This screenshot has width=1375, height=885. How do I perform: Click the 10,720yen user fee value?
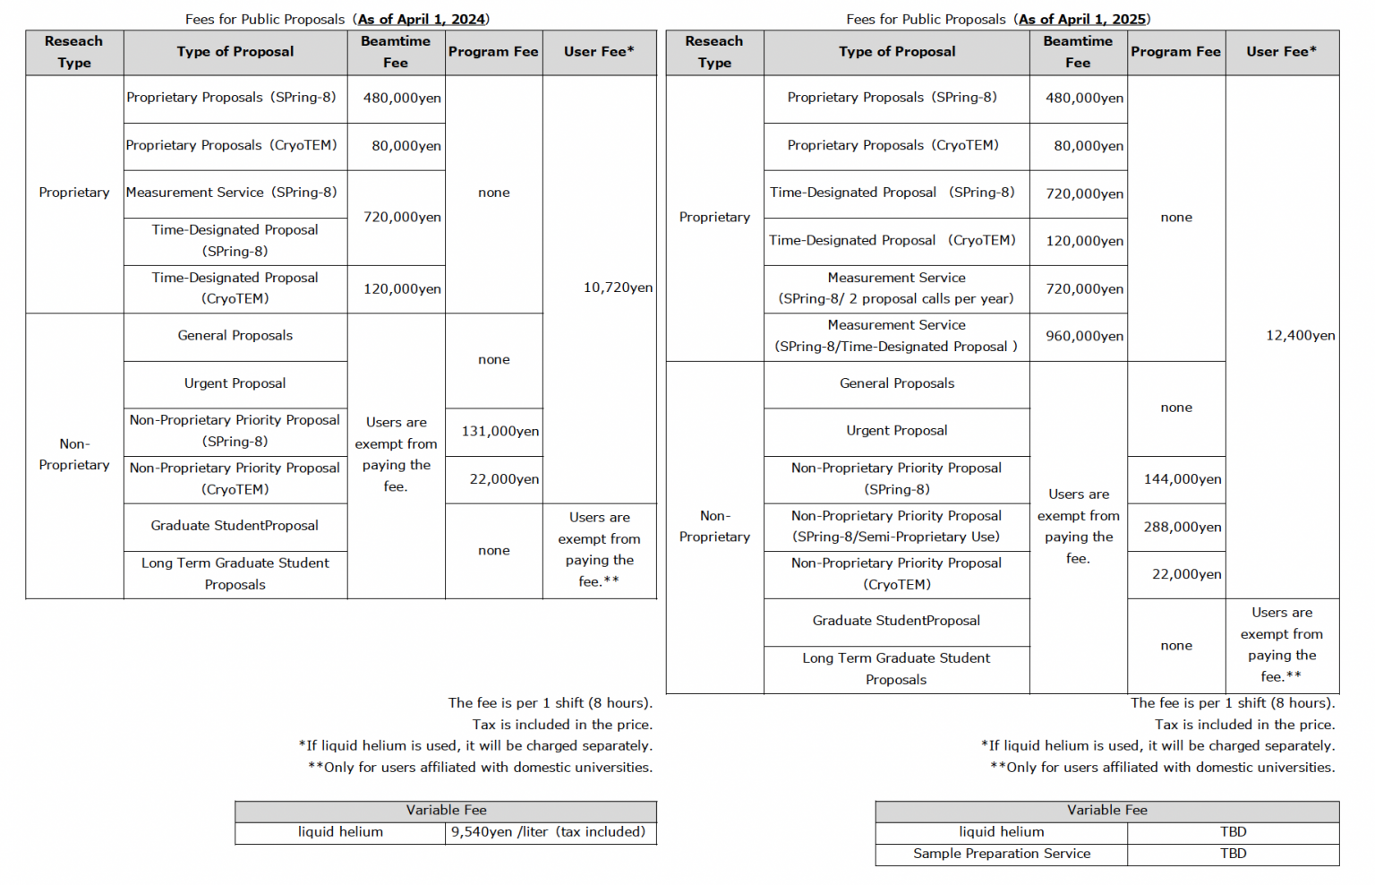(x=618, y=288)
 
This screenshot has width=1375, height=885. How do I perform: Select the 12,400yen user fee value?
(x=1300, y=335)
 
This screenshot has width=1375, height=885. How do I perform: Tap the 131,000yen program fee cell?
(x=500, y=431)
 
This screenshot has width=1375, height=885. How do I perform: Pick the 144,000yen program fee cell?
(x=1182, y=479)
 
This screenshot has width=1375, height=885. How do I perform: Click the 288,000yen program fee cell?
(x=1182, y=527)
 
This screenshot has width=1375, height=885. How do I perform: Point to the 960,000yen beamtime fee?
(x=1084, y=336)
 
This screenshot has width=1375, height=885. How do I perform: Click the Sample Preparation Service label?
(x=1001, y=854)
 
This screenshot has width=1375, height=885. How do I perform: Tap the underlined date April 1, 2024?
(x=422, y=19)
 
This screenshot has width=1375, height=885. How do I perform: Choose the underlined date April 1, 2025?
(x=1082, y=19)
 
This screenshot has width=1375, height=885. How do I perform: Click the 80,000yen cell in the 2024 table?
(x=406, y=146)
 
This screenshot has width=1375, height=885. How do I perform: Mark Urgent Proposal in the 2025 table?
(x=896, y=431)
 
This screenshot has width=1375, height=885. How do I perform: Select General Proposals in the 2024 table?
(x=235, y=336)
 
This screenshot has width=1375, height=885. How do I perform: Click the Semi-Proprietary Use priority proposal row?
(x=896, y=527)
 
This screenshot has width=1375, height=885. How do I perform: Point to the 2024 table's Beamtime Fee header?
(x=395, y=52)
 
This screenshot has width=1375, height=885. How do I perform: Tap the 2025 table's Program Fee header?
(x=1175, y=52)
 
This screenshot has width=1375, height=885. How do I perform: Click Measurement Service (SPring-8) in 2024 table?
(x=231, y=193)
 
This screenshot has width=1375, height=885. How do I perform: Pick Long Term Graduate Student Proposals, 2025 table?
(x=896, y=669)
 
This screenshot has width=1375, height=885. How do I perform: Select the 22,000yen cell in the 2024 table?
(x=504, y=479)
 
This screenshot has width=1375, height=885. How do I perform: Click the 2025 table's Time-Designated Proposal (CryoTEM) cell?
(x=892, y=240)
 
